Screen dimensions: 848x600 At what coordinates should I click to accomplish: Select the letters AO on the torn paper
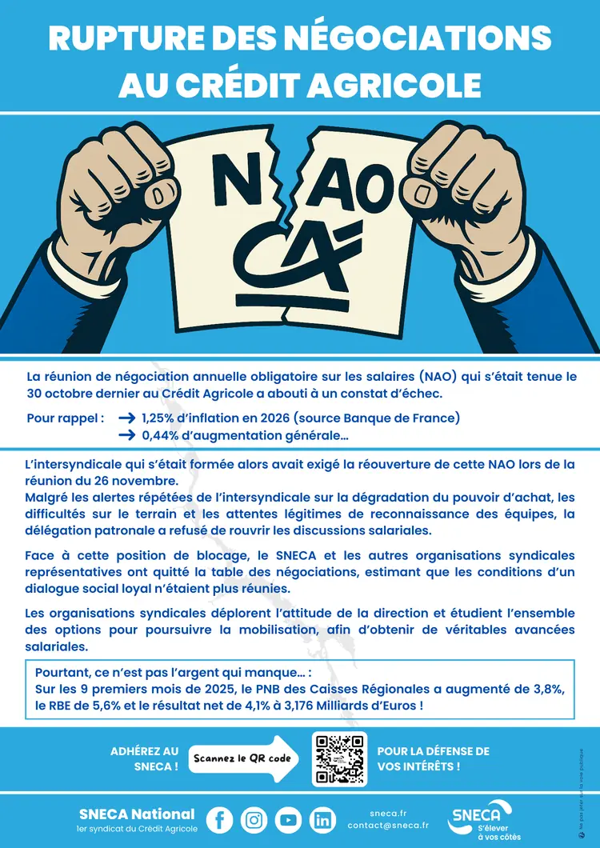pos(360,190)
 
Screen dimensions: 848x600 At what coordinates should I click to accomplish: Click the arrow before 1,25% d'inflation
pos(126,418)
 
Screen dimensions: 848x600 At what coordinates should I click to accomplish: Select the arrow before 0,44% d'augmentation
pos(126,436)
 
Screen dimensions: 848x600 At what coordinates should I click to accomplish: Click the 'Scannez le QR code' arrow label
pos(241,758)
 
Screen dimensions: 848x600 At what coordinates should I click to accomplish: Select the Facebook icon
pos(219,819)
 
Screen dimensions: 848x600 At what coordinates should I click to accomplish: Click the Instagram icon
pos(254,819)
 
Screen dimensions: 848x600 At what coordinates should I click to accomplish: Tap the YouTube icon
pos(289,819)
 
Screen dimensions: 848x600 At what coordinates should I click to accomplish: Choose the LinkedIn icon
pos(323,819)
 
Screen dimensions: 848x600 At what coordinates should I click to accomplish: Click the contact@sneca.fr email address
pos(388,825)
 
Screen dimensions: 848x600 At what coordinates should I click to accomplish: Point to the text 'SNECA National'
pos(136,814)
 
